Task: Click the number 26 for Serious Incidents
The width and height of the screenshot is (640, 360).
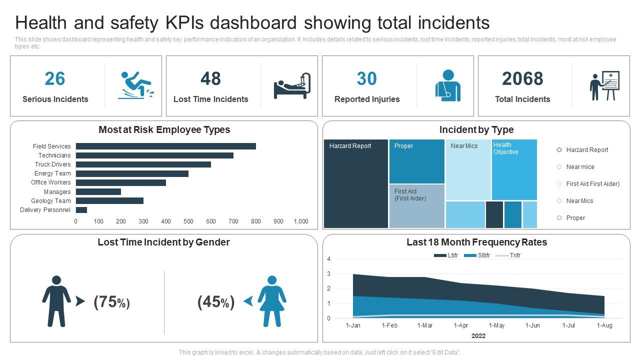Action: (x=55, y=79)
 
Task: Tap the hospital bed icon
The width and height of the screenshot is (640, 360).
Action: (x=292, y=85)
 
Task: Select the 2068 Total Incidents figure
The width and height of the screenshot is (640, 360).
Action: (x=522, y=79)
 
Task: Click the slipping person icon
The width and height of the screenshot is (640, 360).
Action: (x=135, y=85)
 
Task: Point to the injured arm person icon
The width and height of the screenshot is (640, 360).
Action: (x=447, y=85)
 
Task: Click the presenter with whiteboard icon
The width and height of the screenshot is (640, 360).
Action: (x=604, y=86)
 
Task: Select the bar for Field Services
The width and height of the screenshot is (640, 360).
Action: (x=165, y=146)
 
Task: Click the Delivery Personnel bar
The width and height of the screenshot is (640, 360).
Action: (x=81, y=210)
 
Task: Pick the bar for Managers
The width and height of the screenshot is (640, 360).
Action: (x=98, y=192)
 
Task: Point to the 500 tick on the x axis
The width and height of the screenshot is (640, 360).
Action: (x=188, y=221)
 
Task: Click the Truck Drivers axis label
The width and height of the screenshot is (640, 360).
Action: (x=52, y=164)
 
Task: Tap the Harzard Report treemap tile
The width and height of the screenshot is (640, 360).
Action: (x=356, y=184)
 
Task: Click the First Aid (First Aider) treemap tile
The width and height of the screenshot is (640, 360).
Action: (x=416, y=206)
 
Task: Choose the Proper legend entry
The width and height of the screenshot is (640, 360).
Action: (x=575, y=218)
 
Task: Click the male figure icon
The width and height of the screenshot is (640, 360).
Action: (x=56, y=301)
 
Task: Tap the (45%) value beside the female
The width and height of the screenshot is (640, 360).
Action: (x=215, y=302)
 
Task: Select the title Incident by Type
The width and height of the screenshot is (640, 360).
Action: (x=476, y=130)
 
